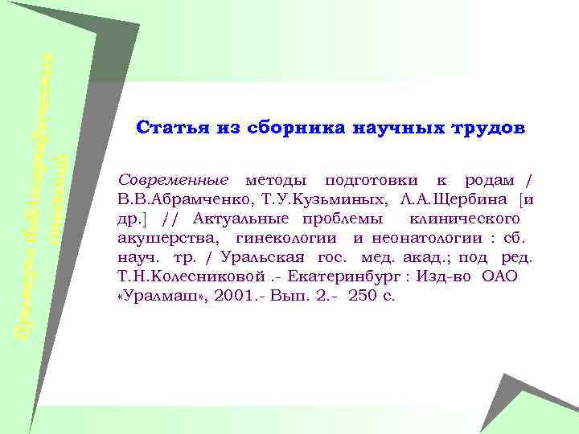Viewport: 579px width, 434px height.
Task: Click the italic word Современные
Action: (x=172, y=177)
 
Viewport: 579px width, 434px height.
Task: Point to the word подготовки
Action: (x=362, y=177)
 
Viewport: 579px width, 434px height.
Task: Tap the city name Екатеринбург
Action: (x=351, y=276)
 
